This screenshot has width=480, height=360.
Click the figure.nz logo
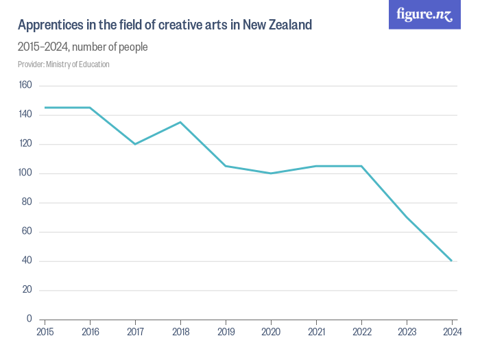pyautogui.click(x=424, y=14)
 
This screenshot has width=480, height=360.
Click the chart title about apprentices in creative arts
pyautogui.click(x=165, y=25)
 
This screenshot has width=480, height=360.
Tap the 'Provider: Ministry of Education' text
pyautogui.click(x=63, y=64)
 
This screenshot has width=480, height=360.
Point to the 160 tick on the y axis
pyautogui.click(x=26, y=85)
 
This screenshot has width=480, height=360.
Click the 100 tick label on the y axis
pyautogui.click(x=26, y=173)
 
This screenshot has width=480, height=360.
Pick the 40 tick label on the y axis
pyautogui.click(x=27, y=261)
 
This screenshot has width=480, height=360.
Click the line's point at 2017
pyautogui.click(x=135, y=144)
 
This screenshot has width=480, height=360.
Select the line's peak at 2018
pyautogui.click(x=180, y=122)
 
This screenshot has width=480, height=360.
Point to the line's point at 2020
pyautogui.click(x=271, y=173)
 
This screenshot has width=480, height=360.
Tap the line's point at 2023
pyautogui.click(x=407, y=217)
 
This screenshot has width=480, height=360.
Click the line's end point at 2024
pyautogui.click(x=452, y=261)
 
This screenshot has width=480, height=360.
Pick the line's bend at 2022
pyautogui.click(x=361, y=166)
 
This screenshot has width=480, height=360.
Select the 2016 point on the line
pyautogui.click(x=90, y=108)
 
